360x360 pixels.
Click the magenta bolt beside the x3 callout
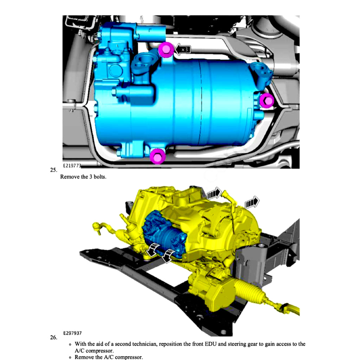165,50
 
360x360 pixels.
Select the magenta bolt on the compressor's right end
267,101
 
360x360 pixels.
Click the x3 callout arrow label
183,50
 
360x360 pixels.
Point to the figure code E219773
72,165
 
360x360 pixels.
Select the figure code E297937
73,333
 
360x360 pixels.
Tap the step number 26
53,337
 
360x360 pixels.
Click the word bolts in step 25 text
99,177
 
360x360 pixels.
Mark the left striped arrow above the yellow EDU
213,193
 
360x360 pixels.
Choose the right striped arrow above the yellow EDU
252,202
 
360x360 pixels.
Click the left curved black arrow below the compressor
152,251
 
